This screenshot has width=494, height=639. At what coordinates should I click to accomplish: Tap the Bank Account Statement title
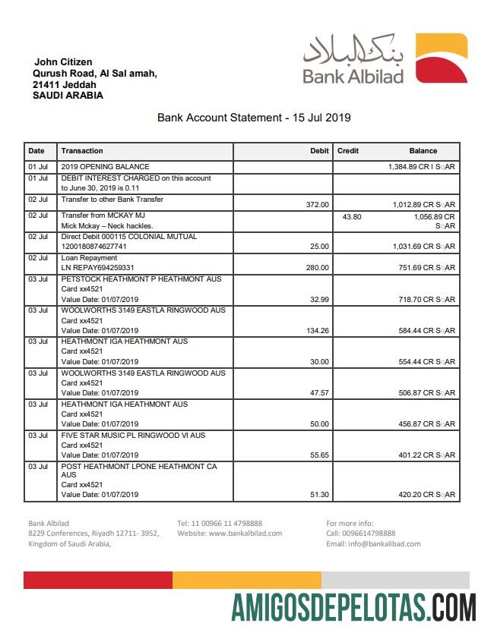[254, 118]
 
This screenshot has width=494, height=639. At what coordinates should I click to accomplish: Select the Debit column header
[319, 151]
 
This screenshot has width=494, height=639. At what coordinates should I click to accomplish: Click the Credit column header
[348, 151]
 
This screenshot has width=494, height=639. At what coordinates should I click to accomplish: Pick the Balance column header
[423, 151]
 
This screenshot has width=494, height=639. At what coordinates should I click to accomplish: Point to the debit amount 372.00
[317, 204]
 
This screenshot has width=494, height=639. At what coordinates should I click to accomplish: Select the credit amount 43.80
[352, 216]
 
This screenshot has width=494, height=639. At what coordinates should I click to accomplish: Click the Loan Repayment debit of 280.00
[317, 267]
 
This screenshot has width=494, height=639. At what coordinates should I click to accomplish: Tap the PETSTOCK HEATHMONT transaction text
[141, 279]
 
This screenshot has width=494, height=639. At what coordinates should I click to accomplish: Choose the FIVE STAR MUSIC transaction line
[133, 436]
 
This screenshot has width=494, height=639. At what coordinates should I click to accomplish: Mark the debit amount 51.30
[318, 495]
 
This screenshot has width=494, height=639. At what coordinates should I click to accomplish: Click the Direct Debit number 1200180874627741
[93, 247]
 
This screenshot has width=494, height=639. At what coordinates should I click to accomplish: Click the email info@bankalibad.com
[373, 543]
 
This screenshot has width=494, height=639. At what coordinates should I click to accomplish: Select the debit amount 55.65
[318, 455]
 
